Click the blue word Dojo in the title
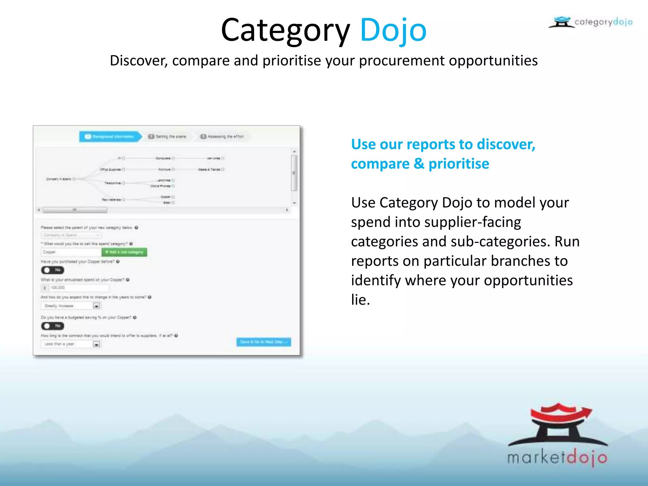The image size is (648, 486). click(x=393, y=30)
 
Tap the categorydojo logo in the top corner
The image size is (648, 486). click(x=591, y=22)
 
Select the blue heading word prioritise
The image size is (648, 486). click(x=458, y=164)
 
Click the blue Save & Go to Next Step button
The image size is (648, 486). click(x=264, y=342)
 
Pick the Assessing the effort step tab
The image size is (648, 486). click(x=222, y=136)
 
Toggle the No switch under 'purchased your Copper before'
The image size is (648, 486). click(x=53, y=270)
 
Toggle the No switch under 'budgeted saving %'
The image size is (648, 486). click(x=53, y=326)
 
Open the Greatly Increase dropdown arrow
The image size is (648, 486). click(x=97, y=306)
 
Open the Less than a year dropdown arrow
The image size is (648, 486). click(x=97, y=344)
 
